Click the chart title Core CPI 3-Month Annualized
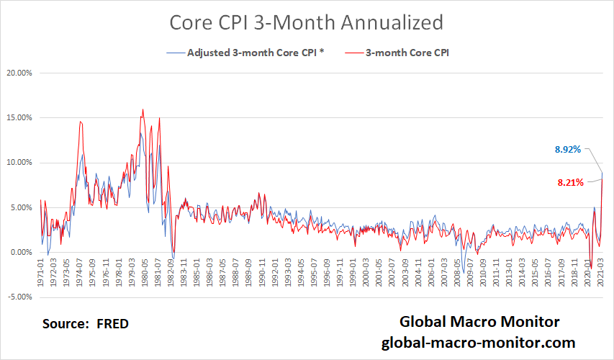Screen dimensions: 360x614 pyautogui.click(x=306, y=22)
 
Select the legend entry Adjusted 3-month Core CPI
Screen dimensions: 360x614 pyautogui.click(x=251, y=53)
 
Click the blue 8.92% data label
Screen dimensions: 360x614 pyautogui.click(x=569, y=150)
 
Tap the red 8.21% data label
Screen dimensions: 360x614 pyautogui.click(x=570, y=183)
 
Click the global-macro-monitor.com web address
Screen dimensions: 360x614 pyautogui.click(x=478, y=343)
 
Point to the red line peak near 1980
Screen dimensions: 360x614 pyautogui.click(x=143, y=109)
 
